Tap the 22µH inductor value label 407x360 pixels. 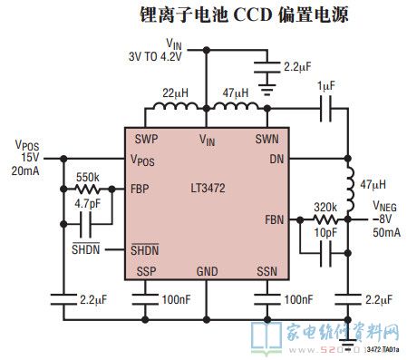[x=175, y=92]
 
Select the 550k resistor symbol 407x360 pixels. [x=88, y=191]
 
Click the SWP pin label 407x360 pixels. [x=146, y=140]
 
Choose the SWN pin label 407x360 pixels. [x=267, y=140]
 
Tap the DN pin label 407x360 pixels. [x=276, y=160]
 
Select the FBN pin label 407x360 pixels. [x=274, y=220]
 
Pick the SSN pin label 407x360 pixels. [x=266, y=272]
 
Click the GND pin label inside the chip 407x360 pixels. [x=207, y=272]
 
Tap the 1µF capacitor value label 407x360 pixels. [x=326, y=85]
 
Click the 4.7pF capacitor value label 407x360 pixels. [x=88, y=205]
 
